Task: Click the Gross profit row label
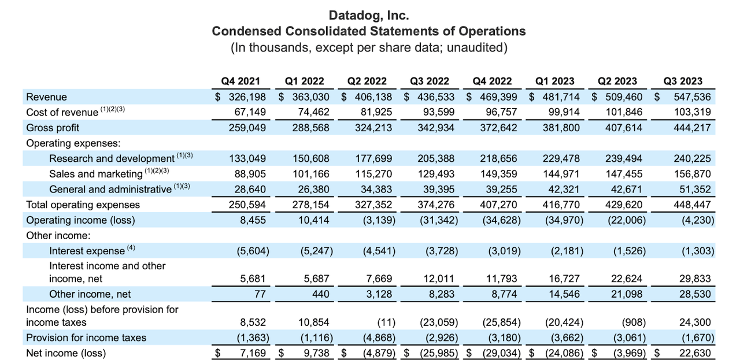[53, 128]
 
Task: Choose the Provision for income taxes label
[86, 337]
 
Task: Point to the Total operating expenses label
[83, 205]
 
